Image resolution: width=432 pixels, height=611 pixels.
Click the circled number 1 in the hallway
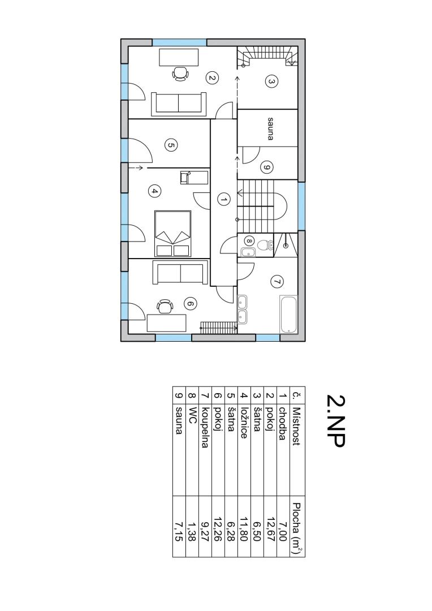tap(223, 200)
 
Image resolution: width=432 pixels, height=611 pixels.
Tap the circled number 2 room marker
tap(212, 78)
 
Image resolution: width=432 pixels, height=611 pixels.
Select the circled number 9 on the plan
tap(267, 167)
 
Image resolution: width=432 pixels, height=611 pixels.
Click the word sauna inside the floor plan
tap(270, 128)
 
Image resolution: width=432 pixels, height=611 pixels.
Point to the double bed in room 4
tap(173, 234)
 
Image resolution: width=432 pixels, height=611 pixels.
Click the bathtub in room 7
tap(288, 315)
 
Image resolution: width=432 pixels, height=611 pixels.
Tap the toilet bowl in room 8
tap(263, 245)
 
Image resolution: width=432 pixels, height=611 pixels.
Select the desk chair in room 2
tap(180, 74)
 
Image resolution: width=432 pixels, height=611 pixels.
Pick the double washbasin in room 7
tap(243, 310)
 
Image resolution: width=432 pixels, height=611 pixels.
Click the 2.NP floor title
tap(336, 420)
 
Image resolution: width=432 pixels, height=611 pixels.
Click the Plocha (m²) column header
tap(297, 528)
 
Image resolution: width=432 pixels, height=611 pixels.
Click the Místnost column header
tap(296, 427)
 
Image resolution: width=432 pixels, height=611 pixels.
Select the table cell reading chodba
tap(283, 424)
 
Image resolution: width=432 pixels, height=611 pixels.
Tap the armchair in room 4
tap(185, 177)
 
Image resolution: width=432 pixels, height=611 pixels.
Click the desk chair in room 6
tap(165, 306)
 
